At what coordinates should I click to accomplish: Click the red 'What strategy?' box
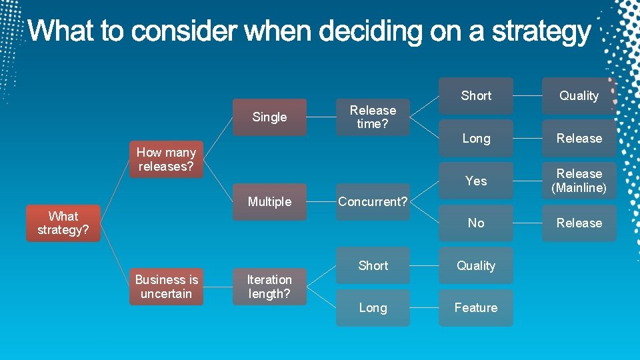pos(63,223)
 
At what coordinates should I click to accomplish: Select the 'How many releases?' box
pos(166,160)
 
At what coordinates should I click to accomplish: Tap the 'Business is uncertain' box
pos(166,287)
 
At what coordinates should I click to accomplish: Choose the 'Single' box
pos(269,117)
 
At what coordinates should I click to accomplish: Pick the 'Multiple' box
pos(269,202)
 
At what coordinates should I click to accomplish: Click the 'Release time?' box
pos(373,117)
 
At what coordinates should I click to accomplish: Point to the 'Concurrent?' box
pos(373,202)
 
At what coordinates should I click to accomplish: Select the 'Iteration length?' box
pos(269,287)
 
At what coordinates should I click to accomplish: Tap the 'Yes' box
pos(476,181)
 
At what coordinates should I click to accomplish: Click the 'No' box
pos(476,223)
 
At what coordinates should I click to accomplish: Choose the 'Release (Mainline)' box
pos(579,181)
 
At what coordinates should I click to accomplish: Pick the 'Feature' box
pos(476,308)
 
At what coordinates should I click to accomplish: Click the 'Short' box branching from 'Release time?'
pos(476,96)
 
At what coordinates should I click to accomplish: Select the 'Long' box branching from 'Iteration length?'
pos(373,308)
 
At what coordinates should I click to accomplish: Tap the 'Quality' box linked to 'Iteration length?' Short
pos(476,266)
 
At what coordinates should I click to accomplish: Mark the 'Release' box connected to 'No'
pos(579,223)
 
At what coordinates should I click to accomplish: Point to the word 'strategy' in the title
pos(541,32)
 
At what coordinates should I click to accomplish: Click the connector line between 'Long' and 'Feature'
pos(424,308)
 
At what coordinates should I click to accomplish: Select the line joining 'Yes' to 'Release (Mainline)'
pos(527,181)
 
